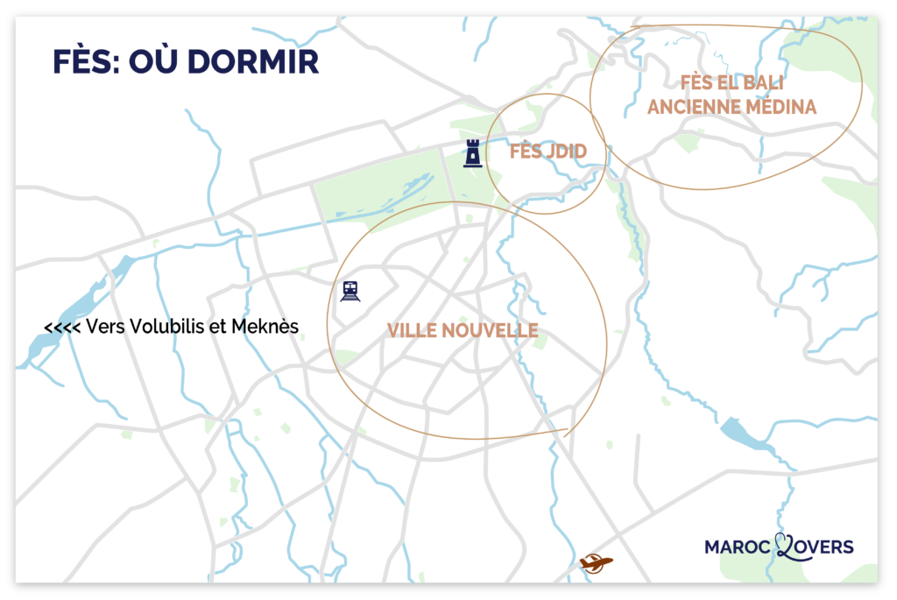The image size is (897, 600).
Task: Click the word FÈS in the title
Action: (x=80, y=63)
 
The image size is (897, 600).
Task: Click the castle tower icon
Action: (x=473, y=152)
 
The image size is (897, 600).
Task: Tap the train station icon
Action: (x=351, y=291)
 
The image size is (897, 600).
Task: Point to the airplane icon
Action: (x=596, y=562)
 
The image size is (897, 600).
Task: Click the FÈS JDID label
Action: (x=547, y=152)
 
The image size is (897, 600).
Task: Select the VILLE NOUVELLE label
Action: (x=463, y=330)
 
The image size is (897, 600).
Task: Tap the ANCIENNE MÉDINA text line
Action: (x=731, y=107)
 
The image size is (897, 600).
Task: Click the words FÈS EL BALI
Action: (x=731, y=84)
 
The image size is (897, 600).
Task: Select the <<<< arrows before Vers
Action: (x=62, y=328)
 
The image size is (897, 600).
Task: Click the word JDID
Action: (x=566, y=152)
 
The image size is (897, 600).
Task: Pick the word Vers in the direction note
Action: (x=103, y=327)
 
